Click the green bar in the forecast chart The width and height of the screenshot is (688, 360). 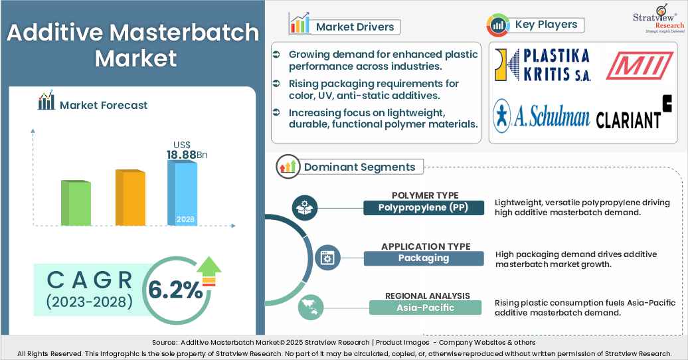tap(76, 203)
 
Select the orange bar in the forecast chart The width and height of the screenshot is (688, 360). tap(130, 197)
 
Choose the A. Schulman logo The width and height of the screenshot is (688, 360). tap(541, 116)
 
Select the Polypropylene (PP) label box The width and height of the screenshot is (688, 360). tap(424, 207)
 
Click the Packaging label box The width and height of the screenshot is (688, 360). tap(424, 258)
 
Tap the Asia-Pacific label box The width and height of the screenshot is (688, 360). tap(425, 307)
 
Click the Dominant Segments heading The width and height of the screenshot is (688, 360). tap(359, 167)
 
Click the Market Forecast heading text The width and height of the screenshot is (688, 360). tap(103, 105)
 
